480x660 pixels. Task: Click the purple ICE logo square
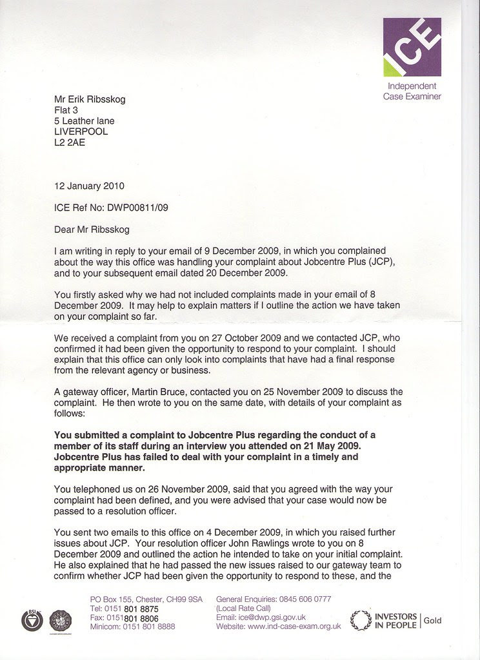(x=412, y=47)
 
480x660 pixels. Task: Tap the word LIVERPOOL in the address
(x=81, y=131)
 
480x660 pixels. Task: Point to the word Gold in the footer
(x=433, y=620)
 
